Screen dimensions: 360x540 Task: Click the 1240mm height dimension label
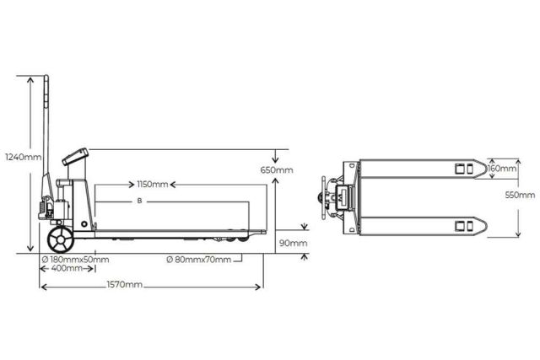click(x=22, y=157)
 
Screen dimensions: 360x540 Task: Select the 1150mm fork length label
click(x=152, y=184)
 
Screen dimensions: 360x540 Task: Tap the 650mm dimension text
click(x=277, y=170)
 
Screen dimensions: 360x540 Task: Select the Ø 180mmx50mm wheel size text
click(x=76, y=259)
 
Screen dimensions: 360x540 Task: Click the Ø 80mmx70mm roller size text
click(x=198, y=259)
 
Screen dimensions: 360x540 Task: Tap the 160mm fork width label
click(x=501, y=169)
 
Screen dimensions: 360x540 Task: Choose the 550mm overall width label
click(x=520, y=195)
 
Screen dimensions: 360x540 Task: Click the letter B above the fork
click(x=139, y=202)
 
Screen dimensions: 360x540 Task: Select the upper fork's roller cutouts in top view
click(x=464, y=169)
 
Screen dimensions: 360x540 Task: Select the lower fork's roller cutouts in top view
click(x=464, y=225)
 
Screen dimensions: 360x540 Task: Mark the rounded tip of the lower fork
click(x=486, y=225)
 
